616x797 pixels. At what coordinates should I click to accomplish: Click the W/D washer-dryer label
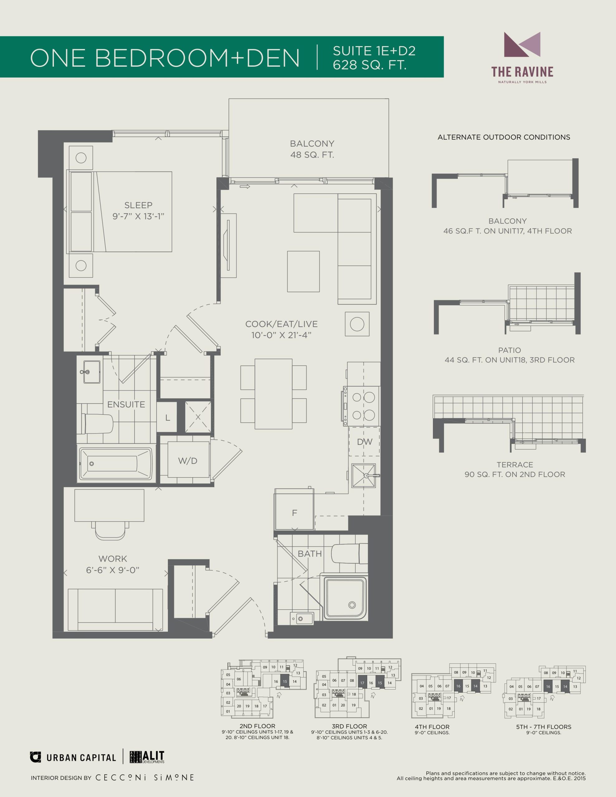[188, 461]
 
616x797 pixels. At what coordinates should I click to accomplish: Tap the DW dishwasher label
[364, 442]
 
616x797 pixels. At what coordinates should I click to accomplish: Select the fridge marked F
[294, 509]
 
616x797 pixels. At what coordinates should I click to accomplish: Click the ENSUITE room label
[126, 404]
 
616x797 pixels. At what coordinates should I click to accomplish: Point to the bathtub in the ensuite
[116, 464]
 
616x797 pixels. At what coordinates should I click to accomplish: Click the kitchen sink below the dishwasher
[364, 475]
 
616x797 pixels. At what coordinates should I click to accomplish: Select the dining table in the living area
[273, 394]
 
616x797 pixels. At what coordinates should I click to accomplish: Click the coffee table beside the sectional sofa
[303, 271]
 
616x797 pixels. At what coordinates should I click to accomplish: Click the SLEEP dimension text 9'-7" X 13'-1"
[138, 216]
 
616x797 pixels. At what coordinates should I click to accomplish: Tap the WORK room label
[113, 559]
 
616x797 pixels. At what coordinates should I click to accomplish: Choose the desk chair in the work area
[110, 530]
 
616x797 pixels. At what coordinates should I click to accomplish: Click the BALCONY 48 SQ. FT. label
[312, 149]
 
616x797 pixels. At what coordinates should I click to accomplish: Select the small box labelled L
[167, 417]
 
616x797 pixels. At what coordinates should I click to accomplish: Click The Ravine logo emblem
[522, 45]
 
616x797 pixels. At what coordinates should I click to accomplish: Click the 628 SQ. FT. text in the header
[370, 65]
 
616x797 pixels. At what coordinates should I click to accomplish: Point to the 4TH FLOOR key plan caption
[432, 727]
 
